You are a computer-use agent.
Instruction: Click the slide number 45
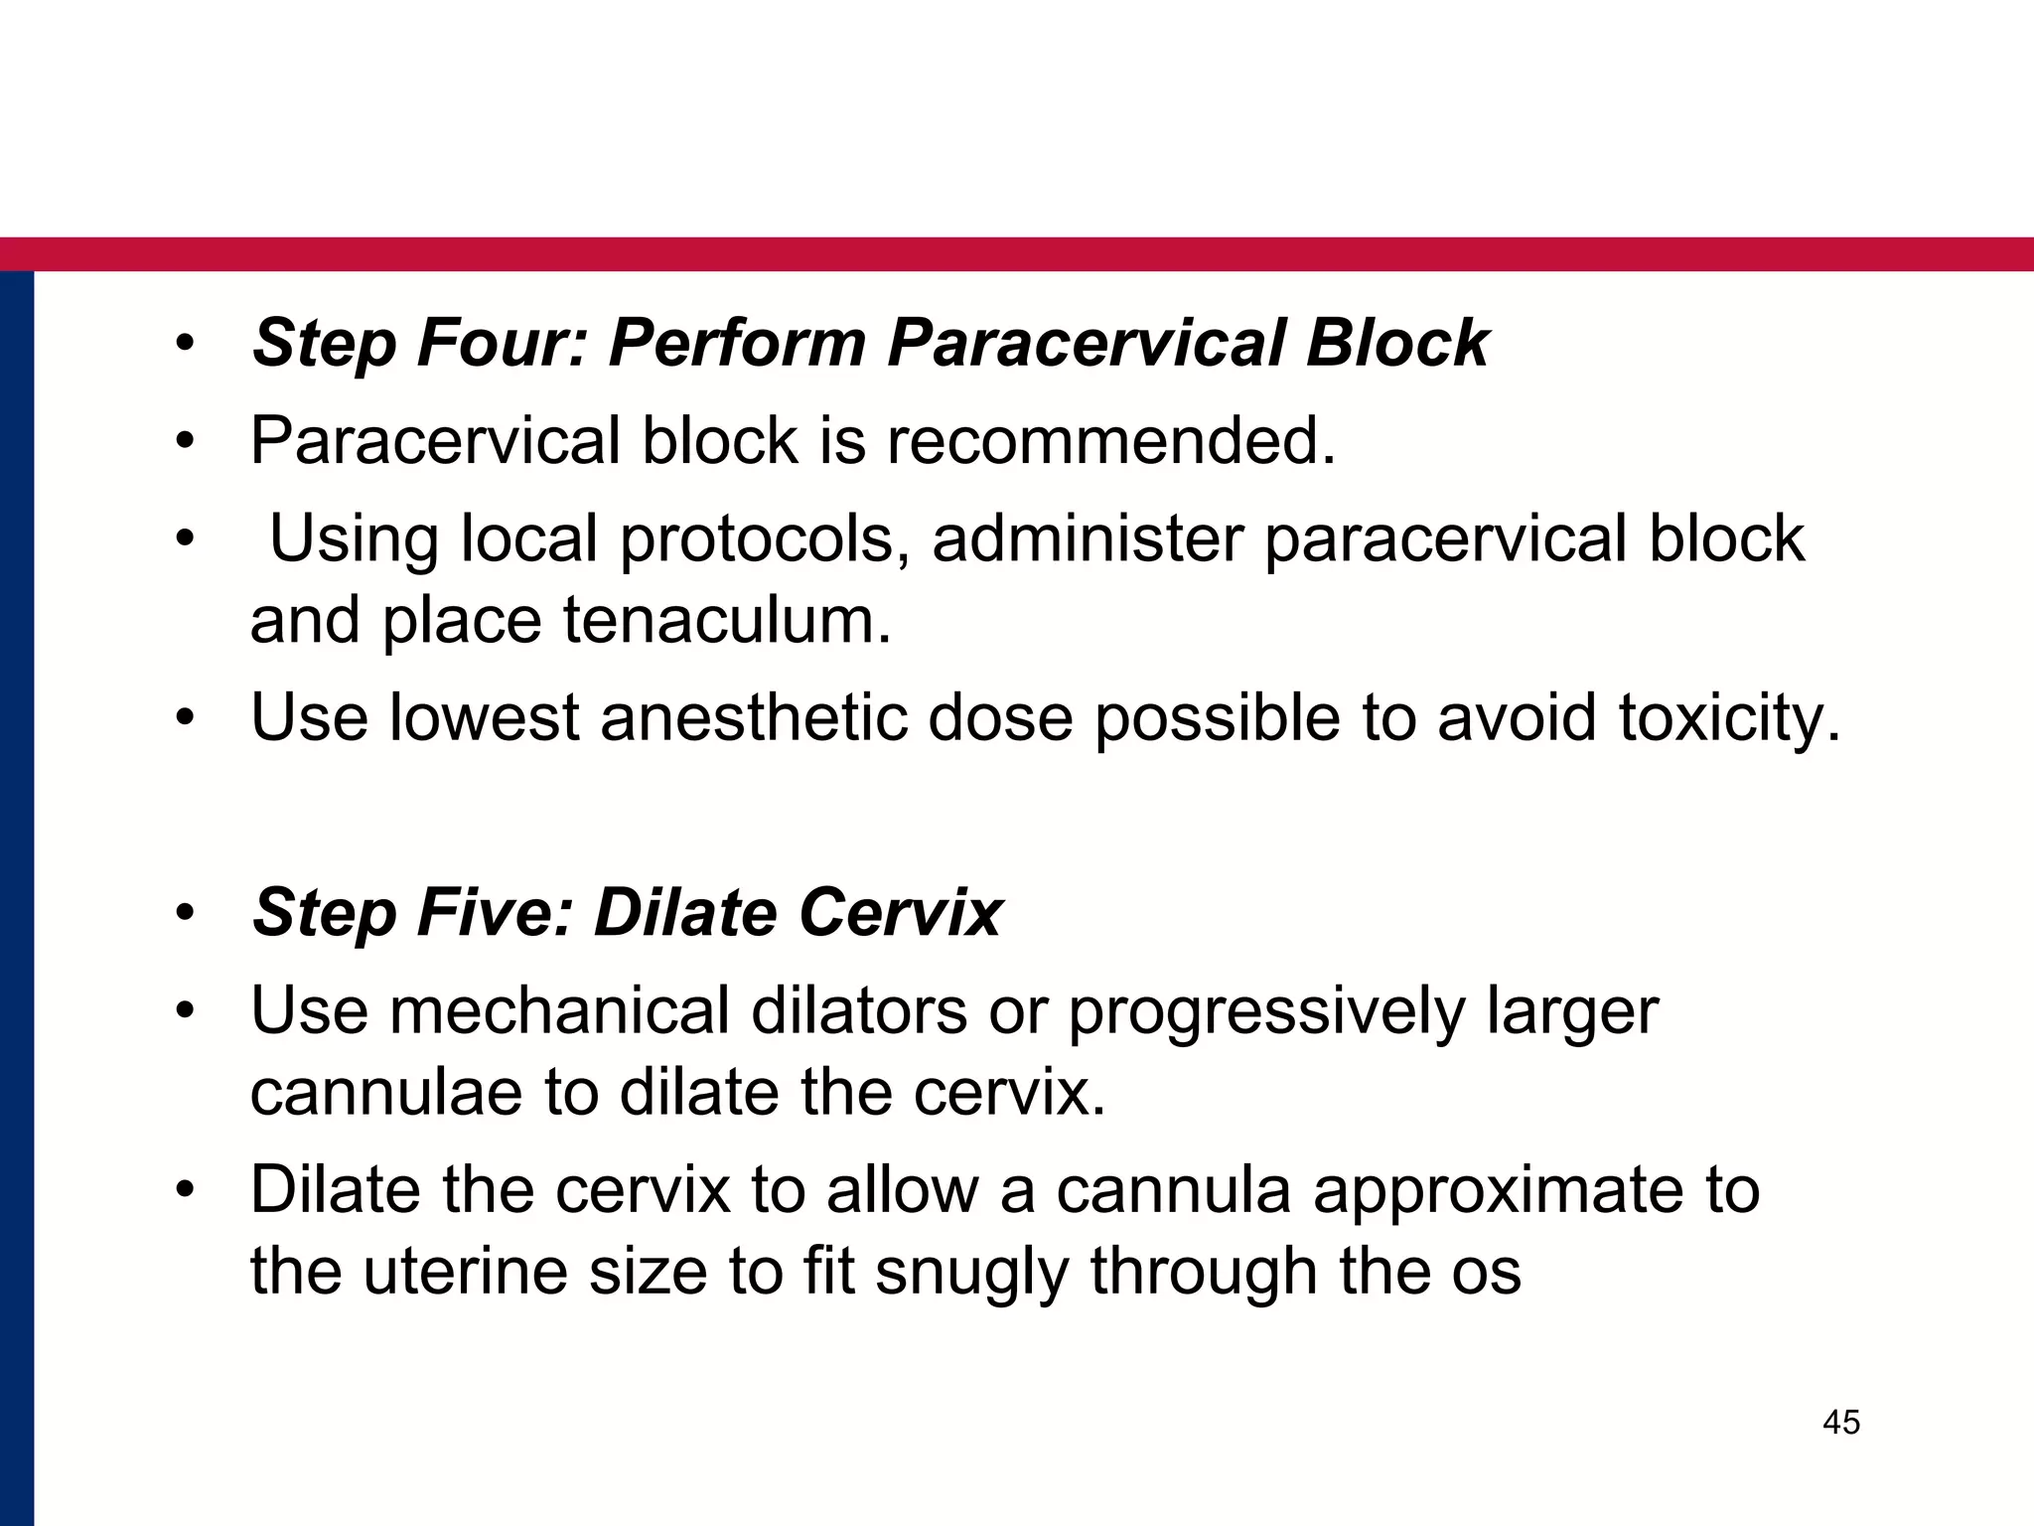click(1841, 1423)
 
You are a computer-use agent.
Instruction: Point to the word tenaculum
click(727, 620)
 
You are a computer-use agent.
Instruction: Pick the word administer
click(1088, 539)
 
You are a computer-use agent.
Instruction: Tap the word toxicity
click(1729, 716)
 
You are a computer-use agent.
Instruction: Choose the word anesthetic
click(754, 716)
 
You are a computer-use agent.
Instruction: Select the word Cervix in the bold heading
click(900, 912)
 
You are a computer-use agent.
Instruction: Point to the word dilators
click(859, 1010)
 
